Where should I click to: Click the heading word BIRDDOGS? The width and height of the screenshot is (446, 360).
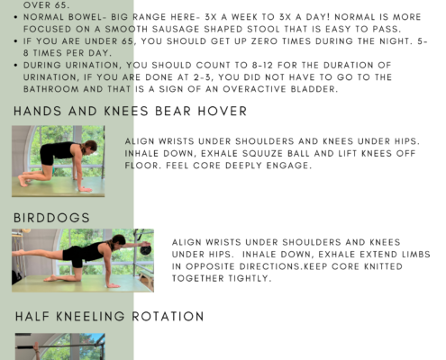[51, 218]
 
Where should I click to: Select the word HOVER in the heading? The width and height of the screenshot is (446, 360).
[223, 112]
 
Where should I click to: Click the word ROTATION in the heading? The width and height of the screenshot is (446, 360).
[168, 317]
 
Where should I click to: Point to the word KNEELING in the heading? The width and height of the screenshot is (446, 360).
[90, 317]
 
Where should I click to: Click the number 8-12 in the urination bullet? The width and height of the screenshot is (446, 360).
[262, 65]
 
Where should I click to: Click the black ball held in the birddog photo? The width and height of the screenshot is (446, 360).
[146, 249]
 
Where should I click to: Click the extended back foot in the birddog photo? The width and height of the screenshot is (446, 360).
[17, 252]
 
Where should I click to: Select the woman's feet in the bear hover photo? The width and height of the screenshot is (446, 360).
[23, 179]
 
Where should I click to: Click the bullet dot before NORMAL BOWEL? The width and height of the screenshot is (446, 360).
[15, 17]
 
